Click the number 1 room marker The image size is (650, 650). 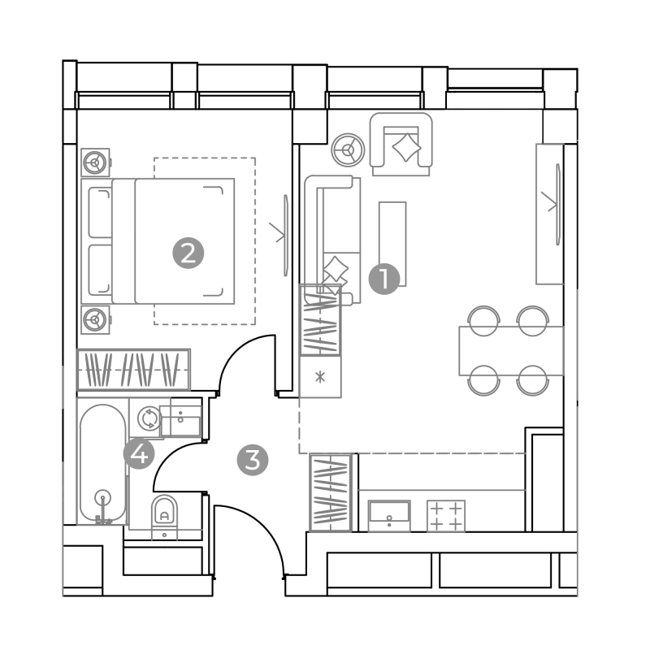(384, 279)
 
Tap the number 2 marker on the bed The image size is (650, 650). (188, 253)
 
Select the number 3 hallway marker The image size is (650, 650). (253, 460)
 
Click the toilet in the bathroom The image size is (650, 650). (165, 516)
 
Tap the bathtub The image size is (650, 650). (103, 462)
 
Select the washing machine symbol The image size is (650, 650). (149, 418)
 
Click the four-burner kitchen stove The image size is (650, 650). (446, 516)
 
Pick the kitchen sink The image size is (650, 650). (389, 516)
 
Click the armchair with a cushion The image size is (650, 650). (401, 145)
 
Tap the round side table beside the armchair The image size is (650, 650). (348, 150)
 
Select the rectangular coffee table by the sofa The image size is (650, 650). (392, 244)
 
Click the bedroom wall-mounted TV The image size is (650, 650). (286, 236)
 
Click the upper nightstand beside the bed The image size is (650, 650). (95, 162)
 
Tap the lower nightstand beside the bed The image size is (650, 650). (95, 319)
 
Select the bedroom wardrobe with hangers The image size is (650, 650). (133, 370)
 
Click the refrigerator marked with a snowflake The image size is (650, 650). (320, 377)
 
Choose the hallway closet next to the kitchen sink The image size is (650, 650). (331, 492)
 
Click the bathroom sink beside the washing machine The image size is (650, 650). (181, 418)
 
